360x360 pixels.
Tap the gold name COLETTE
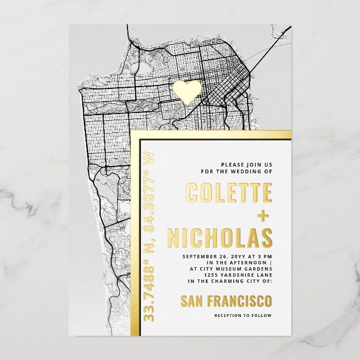(x=229, y=193)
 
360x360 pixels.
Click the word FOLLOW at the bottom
(x=263, y=316)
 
